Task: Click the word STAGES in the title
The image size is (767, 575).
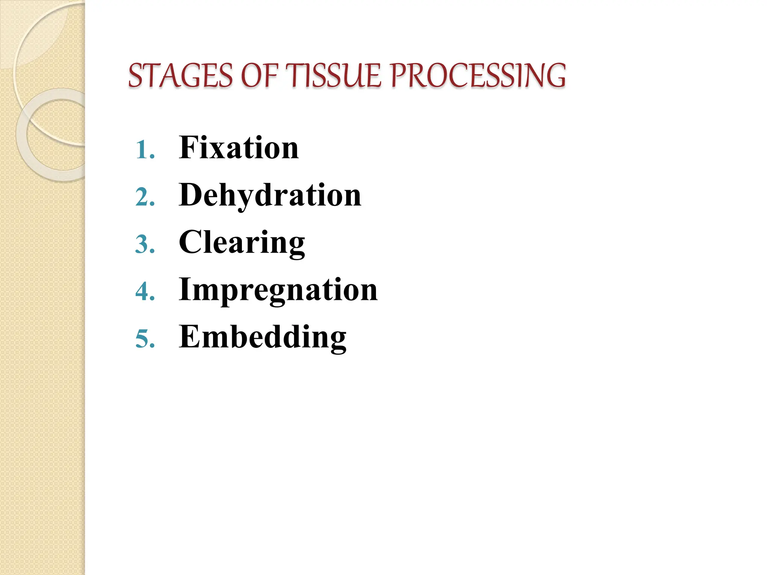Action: point(181,76)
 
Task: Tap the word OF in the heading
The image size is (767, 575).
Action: point(260,76)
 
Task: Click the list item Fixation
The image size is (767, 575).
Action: point(239,148)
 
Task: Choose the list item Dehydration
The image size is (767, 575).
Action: point(270,195)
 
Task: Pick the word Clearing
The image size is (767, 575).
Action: point(242,242)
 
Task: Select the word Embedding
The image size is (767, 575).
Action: point(263,337)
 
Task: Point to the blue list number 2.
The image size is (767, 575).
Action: point(144,197)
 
